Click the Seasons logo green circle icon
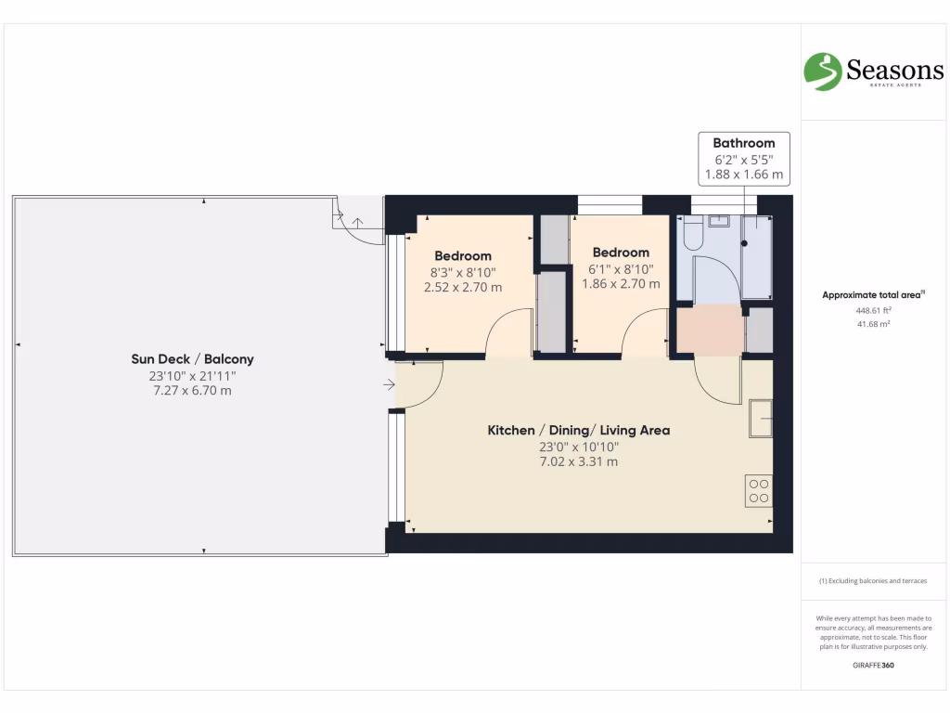(x=822, y=71)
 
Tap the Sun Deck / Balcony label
(x=192, y=359)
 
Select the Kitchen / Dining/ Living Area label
(x=579, y=430)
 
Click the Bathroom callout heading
(x=743, y=143)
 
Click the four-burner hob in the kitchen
(x=758, y=490)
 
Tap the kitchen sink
(x=761, y=419)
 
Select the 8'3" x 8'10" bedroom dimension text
(x=463, y=272)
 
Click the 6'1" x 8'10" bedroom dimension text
(x=621, y=268)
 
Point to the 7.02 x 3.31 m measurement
(x=579, y=461)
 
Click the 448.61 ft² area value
(x=873, y=311)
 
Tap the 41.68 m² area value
(x=873, y=324)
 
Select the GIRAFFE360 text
(x=873, y=666)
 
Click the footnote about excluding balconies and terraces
(x=873, y=581)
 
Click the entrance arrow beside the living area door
(x=388, y=383)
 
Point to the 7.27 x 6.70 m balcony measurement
(x=192, y=391)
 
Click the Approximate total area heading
(x=873, y=295)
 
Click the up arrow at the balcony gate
(x=358, y=223)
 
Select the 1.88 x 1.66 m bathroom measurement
(x=743, y=174)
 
